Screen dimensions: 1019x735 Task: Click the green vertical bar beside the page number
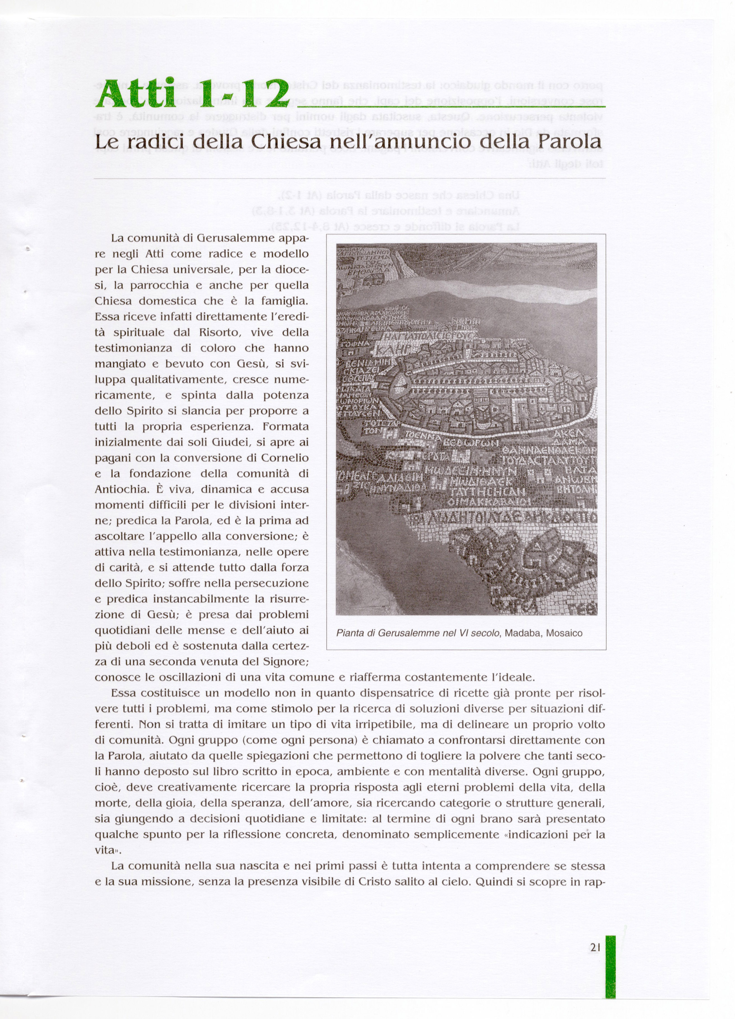pyautogui.click(x=610, y=948)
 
